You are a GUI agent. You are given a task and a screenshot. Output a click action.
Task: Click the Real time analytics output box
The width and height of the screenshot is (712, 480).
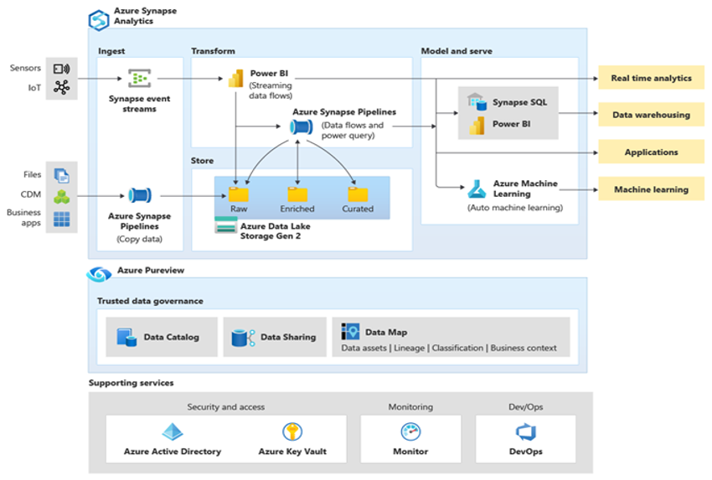pos(651,78)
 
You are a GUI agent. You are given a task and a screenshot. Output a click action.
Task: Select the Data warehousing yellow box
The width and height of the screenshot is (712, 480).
pos(651,115)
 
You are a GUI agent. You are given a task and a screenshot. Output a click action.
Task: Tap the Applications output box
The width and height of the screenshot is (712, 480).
pos(651,152)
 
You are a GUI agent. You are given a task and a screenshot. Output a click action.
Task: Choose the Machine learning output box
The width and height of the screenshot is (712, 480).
pos(651,189)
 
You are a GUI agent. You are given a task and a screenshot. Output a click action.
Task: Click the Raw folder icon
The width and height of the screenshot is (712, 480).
pos(238,194)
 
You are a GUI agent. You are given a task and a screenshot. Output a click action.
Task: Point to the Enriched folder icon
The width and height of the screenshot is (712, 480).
pos(297,194)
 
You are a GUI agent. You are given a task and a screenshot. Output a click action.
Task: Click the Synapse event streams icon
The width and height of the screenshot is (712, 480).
pos(139,79)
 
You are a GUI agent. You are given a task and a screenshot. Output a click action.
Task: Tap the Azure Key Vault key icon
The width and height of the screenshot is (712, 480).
pos(292,432)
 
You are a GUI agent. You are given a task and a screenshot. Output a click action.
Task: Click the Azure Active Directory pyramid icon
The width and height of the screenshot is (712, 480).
pos(173,432)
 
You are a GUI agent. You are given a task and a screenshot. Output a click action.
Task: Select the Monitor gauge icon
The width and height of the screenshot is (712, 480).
pos(410,432)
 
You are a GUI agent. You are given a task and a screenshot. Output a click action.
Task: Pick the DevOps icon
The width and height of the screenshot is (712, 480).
pos(525,432)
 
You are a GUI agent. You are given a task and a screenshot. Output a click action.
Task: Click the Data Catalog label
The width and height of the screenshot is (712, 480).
pos(171,337)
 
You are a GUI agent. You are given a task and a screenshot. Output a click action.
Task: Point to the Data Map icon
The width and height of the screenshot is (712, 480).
pos(350,331)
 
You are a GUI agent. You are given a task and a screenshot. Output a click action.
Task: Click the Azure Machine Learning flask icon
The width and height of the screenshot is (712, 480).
pos(477,188)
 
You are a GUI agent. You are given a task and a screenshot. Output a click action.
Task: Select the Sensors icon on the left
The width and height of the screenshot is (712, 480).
pos(61,69)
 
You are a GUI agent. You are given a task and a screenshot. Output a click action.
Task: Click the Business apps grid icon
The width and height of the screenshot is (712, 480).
pos(62,219)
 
